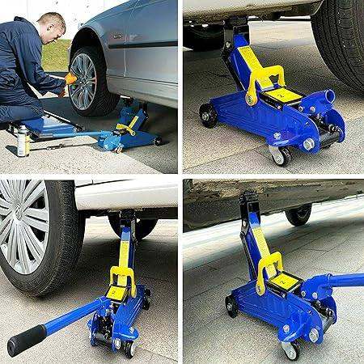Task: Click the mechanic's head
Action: [50, 28]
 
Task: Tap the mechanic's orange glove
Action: [70, 78]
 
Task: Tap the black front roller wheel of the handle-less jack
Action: [209, 116]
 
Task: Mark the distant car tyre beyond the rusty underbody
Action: [298, 214]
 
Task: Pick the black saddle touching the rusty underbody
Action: [245, 200]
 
